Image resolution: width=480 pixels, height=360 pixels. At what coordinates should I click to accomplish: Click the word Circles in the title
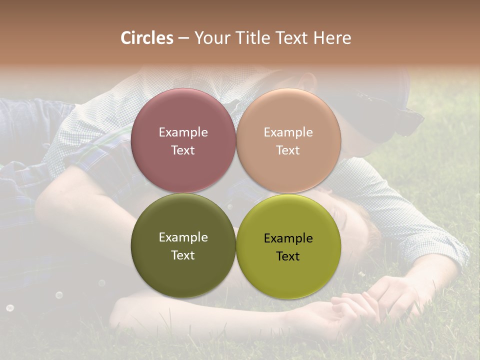tap(146, 38)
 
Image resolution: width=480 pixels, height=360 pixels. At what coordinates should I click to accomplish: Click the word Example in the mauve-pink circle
tap(183, 132)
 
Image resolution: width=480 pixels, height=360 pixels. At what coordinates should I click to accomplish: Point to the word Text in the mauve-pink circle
tap(183, 150)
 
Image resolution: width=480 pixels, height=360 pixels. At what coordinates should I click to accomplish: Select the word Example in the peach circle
tap(288, 132)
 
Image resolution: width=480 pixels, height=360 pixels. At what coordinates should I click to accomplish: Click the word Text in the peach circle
tap(288, 150)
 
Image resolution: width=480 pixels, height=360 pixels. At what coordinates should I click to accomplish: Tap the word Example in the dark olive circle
tap(183, 237)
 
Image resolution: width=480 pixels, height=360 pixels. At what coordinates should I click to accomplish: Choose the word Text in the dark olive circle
tap(183, 255)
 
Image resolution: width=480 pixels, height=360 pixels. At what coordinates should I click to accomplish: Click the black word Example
tap(288, 238)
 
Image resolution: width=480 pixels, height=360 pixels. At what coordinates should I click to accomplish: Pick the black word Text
tap(288, 256)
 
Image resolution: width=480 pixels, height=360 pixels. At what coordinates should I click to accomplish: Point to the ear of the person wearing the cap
tap(306, 83)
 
